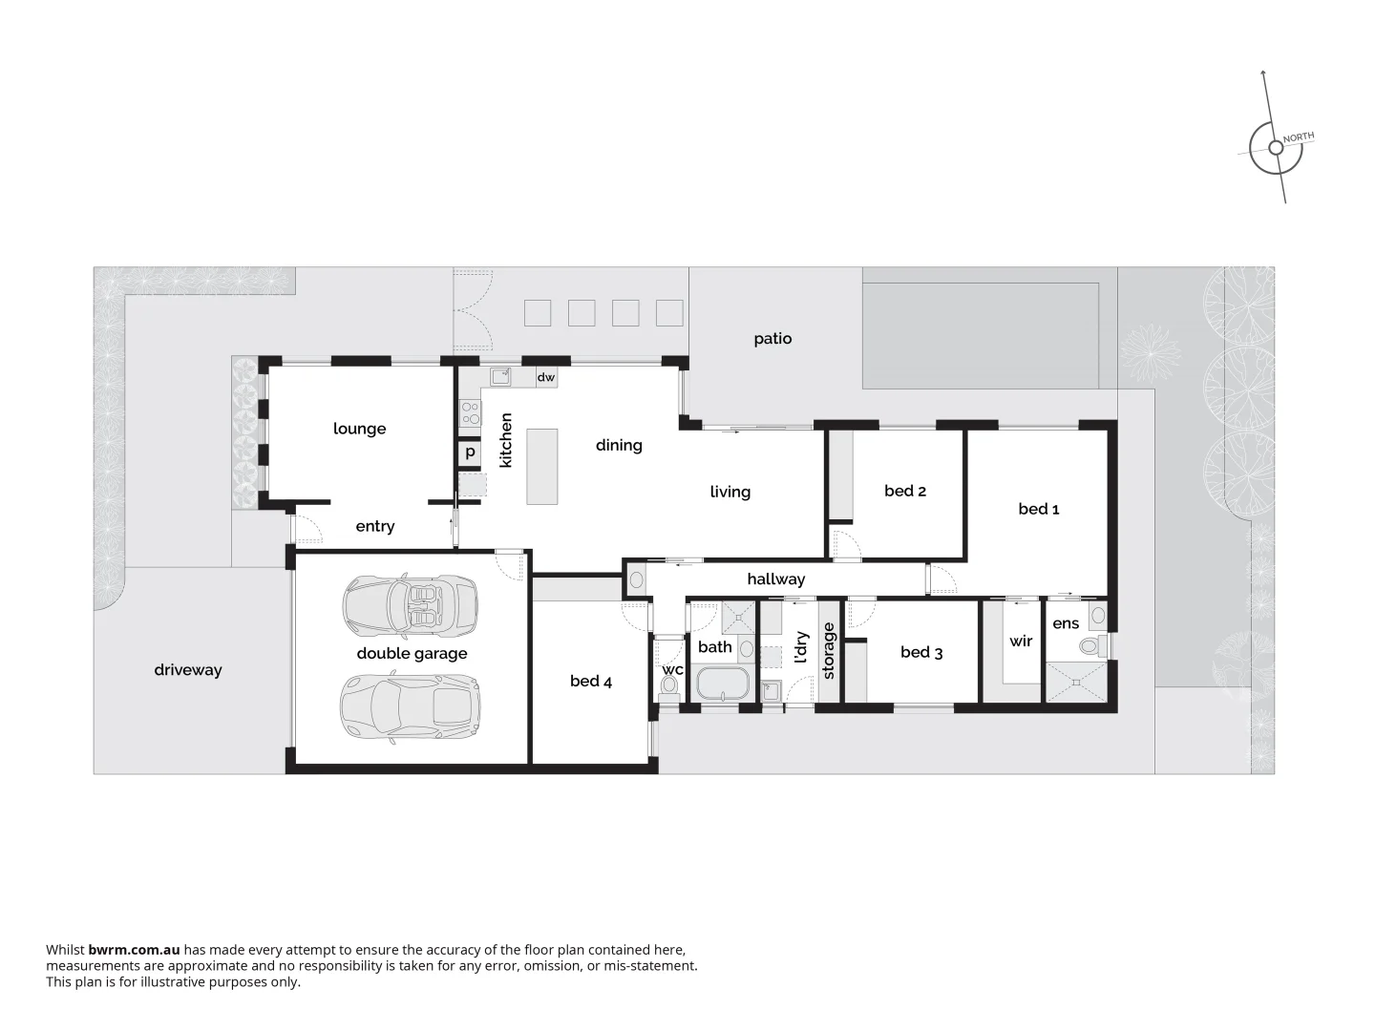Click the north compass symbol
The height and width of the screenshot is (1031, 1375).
[1276, 148]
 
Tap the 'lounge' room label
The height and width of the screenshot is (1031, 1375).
[360, 429]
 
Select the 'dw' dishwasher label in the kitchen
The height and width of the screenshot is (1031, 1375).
[545, 377]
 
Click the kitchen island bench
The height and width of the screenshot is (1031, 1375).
[542, 466]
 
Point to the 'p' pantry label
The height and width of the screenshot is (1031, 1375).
[470, 452]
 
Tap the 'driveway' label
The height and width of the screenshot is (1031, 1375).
[188, 670]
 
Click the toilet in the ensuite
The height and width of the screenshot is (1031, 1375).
[1089, 647]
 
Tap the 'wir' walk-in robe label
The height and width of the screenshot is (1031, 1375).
[1021, 641]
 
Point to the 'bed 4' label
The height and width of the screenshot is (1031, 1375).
[591, 681]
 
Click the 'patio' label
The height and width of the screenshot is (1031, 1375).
[772, 339]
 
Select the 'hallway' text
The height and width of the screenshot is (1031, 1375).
[775, 579]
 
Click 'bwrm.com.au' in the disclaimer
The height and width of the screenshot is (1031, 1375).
[134, 950]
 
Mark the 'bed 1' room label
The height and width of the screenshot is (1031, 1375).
[1039, 509]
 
